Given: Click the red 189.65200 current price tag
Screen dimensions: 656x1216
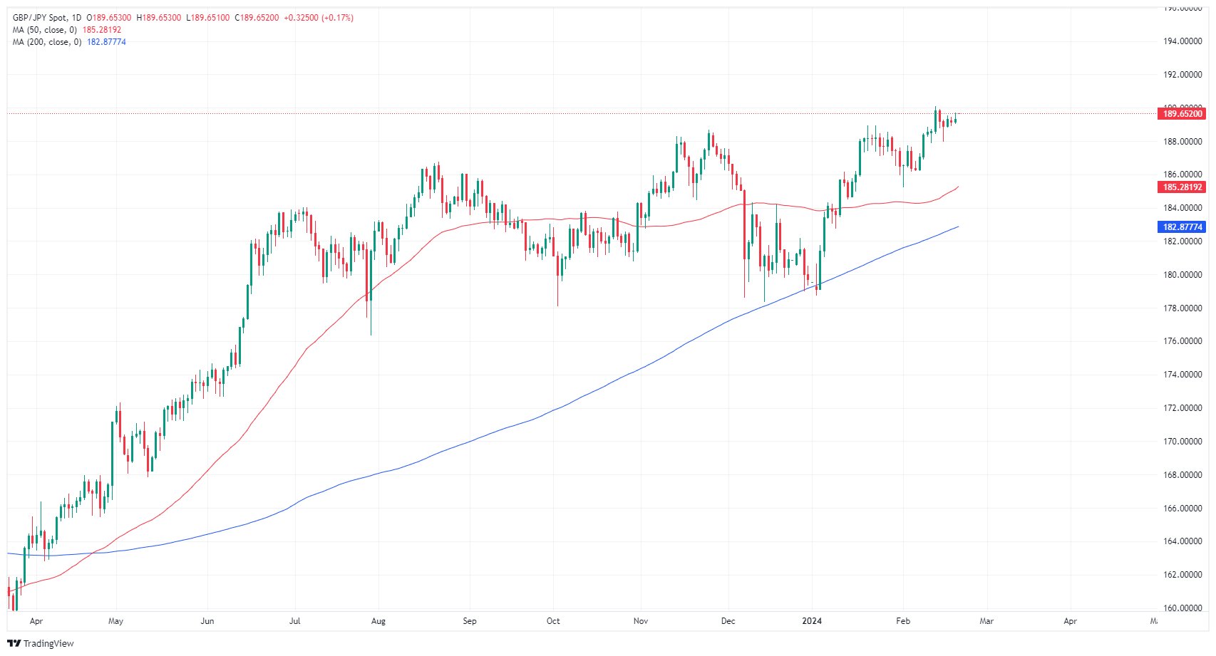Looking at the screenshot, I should coord(1182,114).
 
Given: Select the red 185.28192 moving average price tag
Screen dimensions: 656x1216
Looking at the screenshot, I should coord(1182,187).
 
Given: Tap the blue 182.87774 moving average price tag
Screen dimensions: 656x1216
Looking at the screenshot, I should coord(1182,227).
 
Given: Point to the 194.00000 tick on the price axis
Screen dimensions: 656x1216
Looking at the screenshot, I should coord(1182,41).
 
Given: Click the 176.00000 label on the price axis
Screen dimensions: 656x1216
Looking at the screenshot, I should coord(1182,341).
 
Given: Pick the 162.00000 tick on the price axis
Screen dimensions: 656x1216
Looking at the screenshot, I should coord(1182,575).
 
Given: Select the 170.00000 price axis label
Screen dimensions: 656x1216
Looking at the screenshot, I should coord(1182,442).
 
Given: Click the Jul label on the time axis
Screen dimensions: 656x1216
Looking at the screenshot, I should coord(294,621).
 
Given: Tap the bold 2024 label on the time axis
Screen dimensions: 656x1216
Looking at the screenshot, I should coord(812,621).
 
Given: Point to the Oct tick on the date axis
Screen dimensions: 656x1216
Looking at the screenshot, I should coord(553,621).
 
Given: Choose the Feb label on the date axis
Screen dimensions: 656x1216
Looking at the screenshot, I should coord(903,621).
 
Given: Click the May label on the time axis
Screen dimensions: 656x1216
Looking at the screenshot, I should coord(115,621).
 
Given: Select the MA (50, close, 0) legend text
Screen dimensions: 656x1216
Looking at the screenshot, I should coord(44,30).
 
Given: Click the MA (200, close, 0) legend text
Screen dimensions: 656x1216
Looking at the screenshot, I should coord(46,42).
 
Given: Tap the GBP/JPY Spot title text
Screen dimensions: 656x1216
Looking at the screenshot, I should coord(39,18).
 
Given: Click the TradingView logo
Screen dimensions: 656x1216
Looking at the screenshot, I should coord(41,643).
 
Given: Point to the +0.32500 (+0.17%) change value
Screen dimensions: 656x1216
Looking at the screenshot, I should coord(319,18).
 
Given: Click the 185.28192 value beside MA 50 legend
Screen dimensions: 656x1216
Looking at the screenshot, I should coord(102,30).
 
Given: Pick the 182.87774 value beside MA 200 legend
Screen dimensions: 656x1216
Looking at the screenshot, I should coord(106,42).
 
